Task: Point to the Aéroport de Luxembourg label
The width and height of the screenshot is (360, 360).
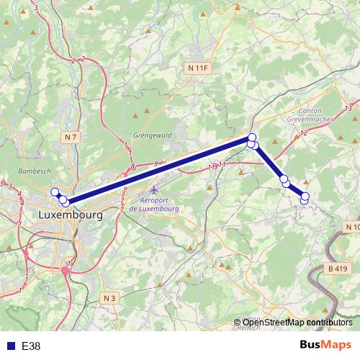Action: pyautogui.click(x=158, y=204)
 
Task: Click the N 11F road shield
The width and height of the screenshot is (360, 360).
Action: pyautogui.click(x=196, y=68)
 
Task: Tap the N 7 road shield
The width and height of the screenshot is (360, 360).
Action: pyautogui.click(x=71, y=137)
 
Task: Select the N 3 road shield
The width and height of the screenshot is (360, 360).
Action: pyautogui.click(x=109, y=297)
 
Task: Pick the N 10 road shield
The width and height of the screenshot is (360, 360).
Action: pyautogui.click(x=352, y=227)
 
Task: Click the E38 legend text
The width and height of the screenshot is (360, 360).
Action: pyautogui.click(x=31, y=346)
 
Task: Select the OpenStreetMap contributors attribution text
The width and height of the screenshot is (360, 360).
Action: pyautogui.click(x=297, y=322)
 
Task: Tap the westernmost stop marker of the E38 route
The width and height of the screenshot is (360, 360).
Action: pyautogui.click(x=54, y=192)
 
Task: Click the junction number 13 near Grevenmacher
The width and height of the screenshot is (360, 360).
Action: pyautogui.click(x=348, y=108)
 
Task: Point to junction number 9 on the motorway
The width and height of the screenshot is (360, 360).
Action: pyautogui.click(x=156, y=164)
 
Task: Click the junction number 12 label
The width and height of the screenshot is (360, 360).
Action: pyautogui.click(x=304, y=133)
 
